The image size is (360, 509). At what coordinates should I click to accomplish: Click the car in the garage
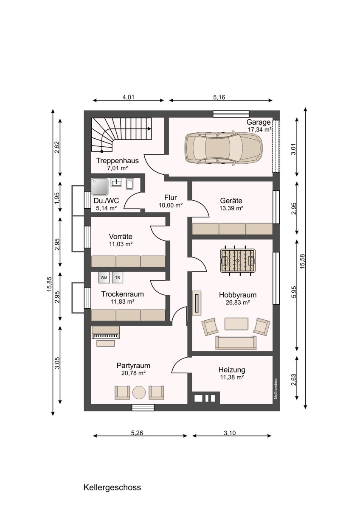[224, 147]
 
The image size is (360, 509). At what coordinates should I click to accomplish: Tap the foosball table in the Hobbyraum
[238, 260]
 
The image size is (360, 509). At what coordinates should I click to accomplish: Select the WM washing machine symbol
[104, 278]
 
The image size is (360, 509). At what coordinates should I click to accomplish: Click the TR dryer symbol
[117, 278]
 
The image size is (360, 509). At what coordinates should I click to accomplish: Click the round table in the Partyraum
[139, 393]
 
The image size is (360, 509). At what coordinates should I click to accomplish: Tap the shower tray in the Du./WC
[100, 187]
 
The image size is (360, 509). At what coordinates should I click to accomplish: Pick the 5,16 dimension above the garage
[219, 97]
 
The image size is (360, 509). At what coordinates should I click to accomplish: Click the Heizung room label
[232, 370]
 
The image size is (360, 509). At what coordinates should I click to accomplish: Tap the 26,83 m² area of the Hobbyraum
[238, 302]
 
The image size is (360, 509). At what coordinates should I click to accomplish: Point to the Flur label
[171, 198]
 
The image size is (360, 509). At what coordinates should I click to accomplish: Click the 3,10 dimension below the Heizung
[230, 433]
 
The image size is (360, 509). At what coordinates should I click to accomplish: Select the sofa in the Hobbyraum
[236, 343]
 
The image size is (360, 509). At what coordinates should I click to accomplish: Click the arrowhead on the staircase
[149, 129]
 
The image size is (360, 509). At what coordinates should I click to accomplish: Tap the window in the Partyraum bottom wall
[143, 408]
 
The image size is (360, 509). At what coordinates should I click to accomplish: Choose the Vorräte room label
[121, 236]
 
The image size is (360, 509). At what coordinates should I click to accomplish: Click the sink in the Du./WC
[116, 182]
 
